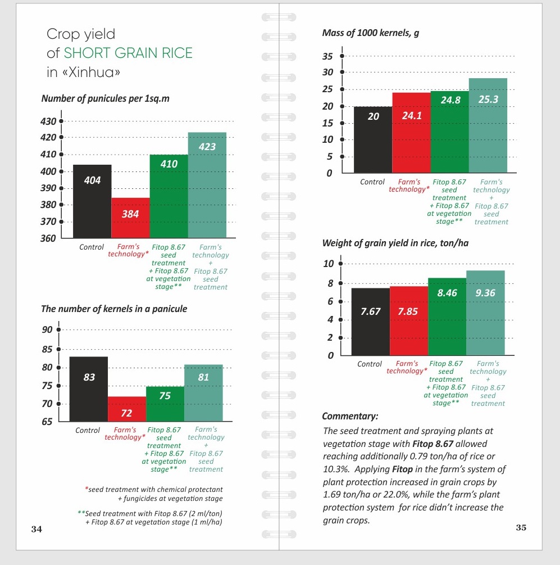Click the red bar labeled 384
(x=130, y=218)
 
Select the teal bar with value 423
(x=207, y=185)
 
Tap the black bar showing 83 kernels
(x=89, y=389)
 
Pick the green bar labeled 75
(x=165, y=404)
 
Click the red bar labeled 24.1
(x=411, y=133)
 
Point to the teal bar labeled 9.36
(x=485, y=313)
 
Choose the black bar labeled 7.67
(x=371, y=322)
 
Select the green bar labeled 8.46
(x=447, y=317)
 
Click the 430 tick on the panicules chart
(x=61, y=121)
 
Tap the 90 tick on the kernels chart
(x=58, y=329)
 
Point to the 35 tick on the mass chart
(x=342, y=56)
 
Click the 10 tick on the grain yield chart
(x=340, y=264)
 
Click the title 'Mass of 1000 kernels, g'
(x=371, y=33)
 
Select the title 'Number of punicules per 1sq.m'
(x=106, y=99)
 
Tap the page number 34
(x=37, y=529)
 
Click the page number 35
(x=521, y=527)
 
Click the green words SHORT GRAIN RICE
(x=128, y=53)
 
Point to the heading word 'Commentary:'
(x=350, y=417)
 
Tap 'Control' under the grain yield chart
(x=370, y=364)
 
